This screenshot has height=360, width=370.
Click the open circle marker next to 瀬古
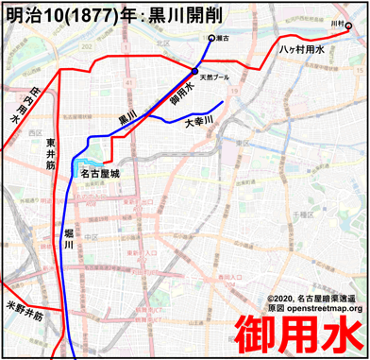tap(211, 39)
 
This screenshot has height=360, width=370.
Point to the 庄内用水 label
tap(18, 104)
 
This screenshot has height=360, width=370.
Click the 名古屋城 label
tap(101, 174)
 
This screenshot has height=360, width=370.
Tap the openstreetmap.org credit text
tap(315, 308)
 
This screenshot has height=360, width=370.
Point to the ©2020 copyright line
tap(315, 297)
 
